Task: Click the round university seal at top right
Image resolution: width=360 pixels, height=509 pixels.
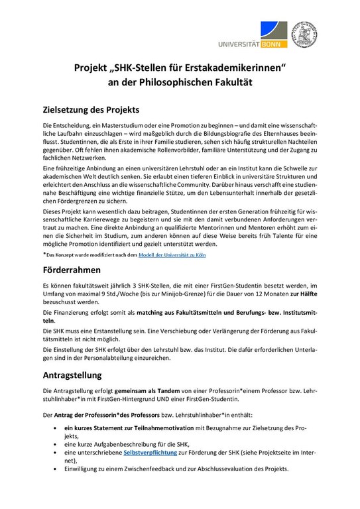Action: tap(304, 31)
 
